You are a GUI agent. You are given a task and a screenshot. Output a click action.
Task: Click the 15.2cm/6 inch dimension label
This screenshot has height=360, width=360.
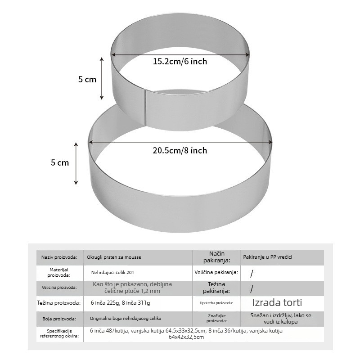tap(180, 62)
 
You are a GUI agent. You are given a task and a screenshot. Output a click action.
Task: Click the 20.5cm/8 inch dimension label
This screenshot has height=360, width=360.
tap(180, 151)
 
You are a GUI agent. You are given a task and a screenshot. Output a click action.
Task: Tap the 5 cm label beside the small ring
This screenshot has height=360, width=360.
tap(87, 80)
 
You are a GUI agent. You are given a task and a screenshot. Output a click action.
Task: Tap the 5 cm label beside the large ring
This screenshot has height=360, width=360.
tap(60, 163)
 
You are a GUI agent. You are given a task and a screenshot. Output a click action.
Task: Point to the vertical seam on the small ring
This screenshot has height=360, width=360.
tap(145, 108)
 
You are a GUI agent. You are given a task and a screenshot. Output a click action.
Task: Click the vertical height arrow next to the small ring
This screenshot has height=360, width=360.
tap(102, 78)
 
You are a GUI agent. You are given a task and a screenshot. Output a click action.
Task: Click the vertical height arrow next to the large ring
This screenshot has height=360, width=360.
tap(76, 163)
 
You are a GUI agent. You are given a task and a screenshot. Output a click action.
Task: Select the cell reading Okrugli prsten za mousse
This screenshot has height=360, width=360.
tap(114, 257)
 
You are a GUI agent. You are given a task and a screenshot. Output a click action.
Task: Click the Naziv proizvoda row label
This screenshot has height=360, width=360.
tap(59, 257)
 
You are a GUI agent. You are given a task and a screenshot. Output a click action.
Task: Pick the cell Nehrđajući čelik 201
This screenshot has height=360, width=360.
tap(112, 273)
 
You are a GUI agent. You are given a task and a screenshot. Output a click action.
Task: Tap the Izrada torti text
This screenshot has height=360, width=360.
tap(277, 302)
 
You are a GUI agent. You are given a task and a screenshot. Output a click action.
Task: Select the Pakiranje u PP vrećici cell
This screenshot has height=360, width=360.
tap(268, 257)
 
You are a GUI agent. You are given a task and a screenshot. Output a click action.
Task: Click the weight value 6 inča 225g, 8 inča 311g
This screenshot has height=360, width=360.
tap(120, 303)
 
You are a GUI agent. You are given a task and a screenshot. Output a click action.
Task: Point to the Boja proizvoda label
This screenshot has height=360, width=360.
tap(59, 319)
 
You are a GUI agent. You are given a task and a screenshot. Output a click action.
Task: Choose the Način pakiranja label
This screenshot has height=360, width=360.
tap(216, 257)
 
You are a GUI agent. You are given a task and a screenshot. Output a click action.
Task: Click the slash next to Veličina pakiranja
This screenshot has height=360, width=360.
tap(252, 274)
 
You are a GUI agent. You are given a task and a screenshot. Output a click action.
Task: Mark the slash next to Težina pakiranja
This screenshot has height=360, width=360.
tap(252, 289)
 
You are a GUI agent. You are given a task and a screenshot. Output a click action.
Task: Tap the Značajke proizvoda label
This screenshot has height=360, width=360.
tap(217, 319)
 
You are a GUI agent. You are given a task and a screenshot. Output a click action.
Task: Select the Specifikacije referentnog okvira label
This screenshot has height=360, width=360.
tap(59, 333)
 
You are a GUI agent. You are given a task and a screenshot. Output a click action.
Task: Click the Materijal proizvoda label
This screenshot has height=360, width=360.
tap(59, 273)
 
